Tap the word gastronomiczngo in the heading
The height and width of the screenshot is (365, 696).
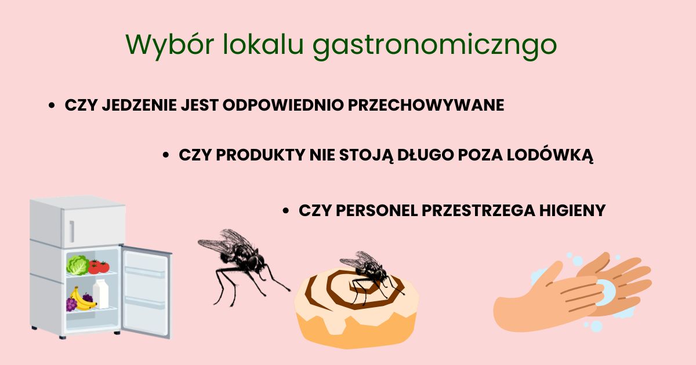[434, 46]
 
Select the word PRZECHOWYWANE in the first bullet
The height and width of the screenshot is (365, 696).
[426, 105]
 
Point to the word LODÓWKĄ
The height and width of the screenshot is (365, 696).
[550, 155]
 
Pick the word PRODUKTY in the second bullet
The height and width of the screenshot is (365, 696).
[260, 155]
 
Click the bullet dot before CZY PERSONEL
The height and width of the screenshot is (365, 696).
[285, 211]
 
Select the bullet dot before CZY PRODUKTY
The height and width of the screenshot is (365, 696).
[166, 155]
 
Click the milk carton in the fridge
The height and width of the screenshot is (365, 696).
[101, 294]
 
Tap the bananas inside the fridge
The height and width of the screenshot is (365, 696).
[82, 301]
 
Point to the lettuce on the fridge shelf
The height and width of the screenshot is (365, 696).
[78, 265]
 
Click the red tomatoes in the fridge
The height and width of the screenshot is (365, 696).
[99, 267]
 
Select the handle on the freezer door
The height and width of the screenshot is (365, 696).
[72, 231]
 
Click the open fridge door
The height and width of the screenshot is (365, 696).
[146, 291]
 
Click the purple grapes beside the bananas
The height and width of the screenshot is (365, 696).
[71, 304]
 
